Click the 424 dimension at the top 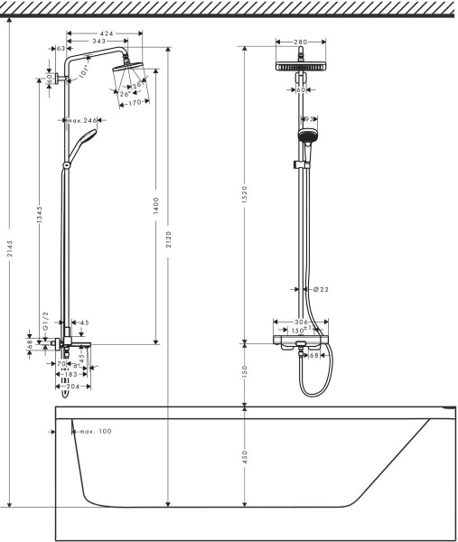click(107, 32)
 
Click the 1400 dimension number click(155, 204)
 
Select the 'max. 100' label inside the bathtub click(94, 432)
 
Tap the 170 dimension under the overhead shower click(136, 102)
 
